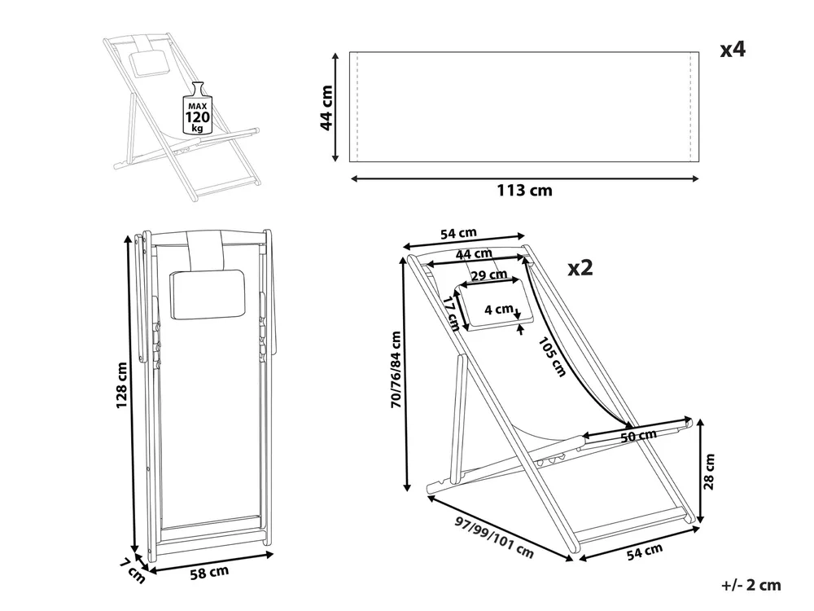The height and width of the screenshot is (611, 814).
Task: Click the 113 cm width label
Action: click(524, 191)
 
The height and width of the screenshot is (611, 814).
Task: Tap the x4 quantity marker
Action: click(733, 50)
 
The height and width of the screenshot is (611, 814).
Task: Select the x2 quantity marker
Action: click(580, 268)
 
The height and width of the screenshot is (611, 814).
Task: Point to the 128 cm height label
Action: click(121, 385)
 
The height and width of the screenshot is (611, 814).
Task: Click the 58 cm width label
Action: click(209, 573)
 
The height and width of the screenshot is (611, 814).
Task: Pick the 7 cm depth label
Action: click(133, 570)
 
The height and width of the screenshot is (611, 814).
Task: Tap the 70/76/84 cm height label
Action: click(396, 369)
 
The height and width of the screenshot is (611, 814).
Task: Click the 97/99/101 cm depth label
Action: click(494, 537)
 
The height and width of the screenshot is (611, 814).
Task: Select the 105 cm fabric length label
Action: click(551, 357)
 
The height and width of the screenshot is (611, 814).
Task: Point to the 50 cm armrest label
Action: click(638, 435)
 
